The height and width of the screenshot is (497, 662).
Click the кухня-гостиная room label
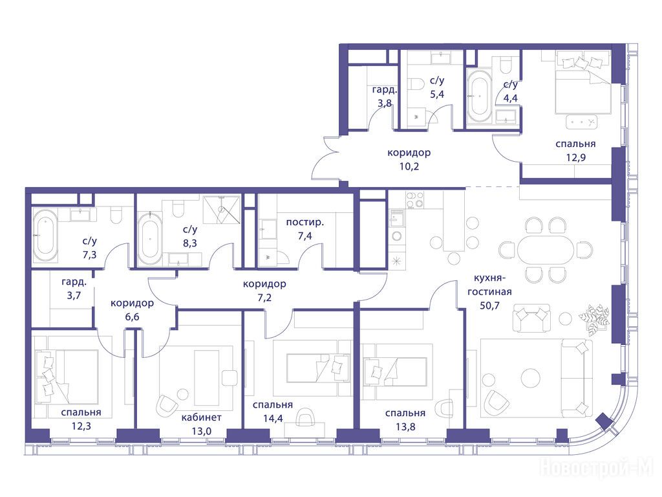pyautogui.click(x=490, y=285)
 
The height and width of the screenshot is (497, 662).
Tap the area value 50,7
pyautogui.click(x=490, y=305)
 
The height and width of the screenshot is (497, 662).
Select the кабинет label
pyautogui.click(x=202, y=417)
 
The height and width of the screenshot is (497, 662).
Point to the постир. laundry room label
pyautogui.click(x=305, y=223)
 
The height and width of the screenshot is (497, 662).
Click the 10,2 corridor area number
pyautogui.click(x=409, y=166)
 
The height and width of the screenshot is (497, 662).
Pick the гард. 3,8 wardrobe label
pyautogui.click(x=385, y=96)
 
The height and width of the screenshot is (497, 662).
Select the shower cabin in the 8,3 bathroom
pyautogui.click(x=222, y=210)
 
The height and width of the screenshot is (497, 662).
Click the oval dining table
pyautogui.click(x=546, y=250)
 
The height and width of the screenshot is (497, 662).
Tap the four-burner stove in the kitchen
pyautogui.click(x=415, y=200)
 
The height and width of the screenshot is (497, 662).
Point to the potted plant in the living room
pyautogui.click(x=595, y=318)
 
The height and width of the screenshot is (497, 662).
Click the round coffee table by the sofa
pyautogui.click(x=530, y=377)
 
